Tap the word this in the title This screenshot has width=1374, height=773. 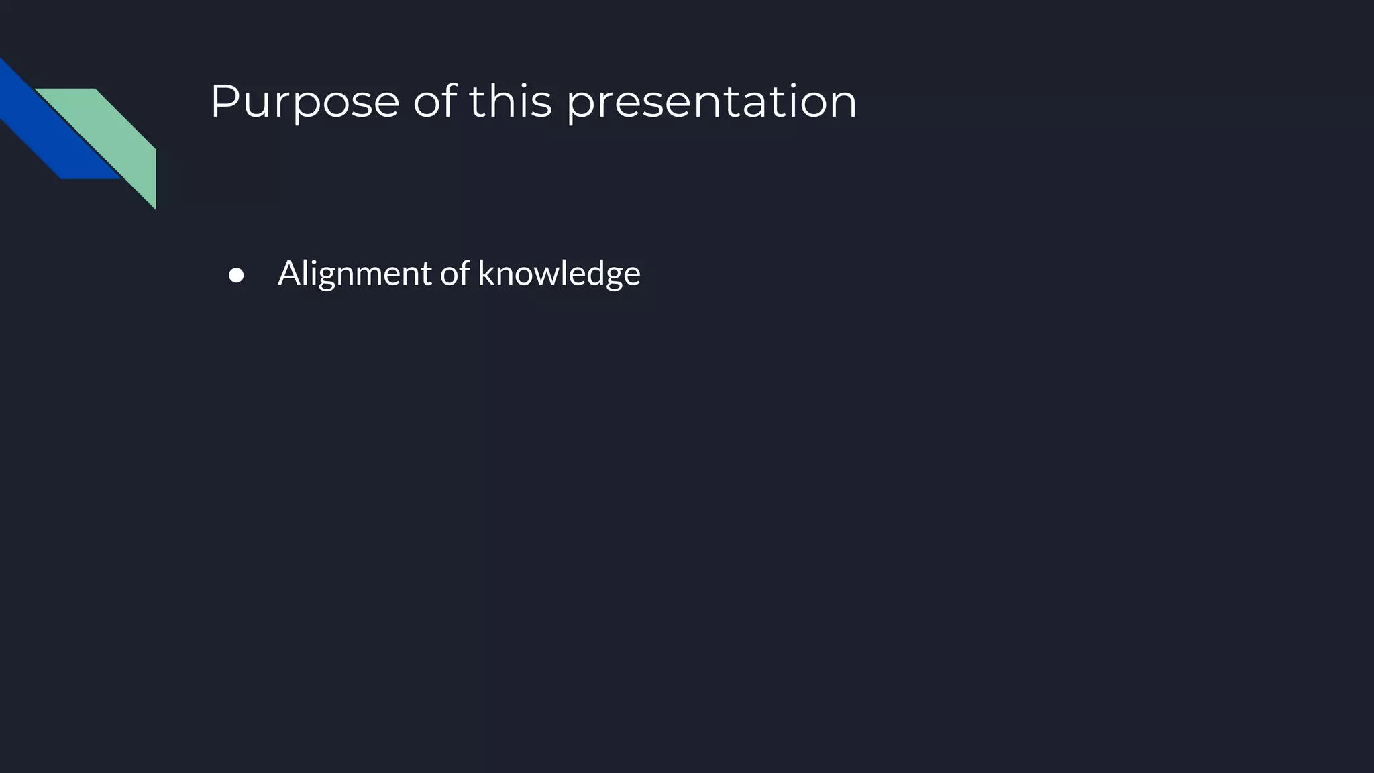tap(510, 102)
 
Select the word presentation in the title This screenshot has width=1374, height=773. tap(711, 102)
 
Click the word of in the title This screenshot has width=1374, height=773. tap(434, 102)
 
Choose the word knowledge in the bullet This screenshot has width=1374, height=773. tap(559, 274)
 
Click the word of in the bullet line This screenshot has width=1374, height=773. tap(454, 274)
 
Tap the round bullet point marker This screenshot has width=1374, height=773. tap(236, 276)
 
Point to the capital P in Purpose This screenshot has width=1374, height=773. tap(225, 102)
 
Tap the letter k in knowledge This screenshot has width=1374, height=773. tap(485, 274)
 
